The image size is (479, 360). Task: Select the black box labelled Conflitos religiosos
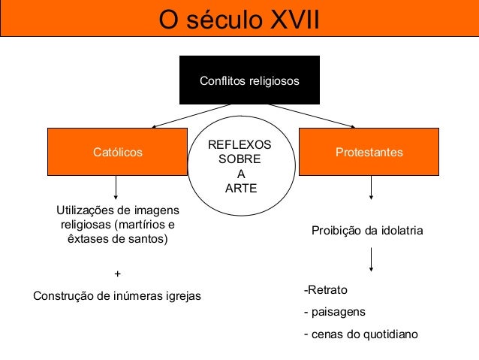click(249, 80)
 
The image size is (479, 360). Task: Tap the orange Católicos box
click(117, 153)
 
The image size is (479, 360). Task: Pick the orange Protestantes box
click(369, 153)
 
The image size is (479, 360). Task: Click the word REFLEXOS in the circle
click(240, 145)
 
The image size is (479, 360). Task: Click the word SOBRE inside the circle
click(239, 159)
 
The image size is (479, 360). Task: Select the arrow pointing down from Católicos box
click(116, 188)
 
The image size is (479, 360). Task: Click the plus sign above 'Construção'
click(116, 274)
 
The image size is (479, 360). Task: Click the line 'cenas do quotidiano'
click(363, 334)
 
